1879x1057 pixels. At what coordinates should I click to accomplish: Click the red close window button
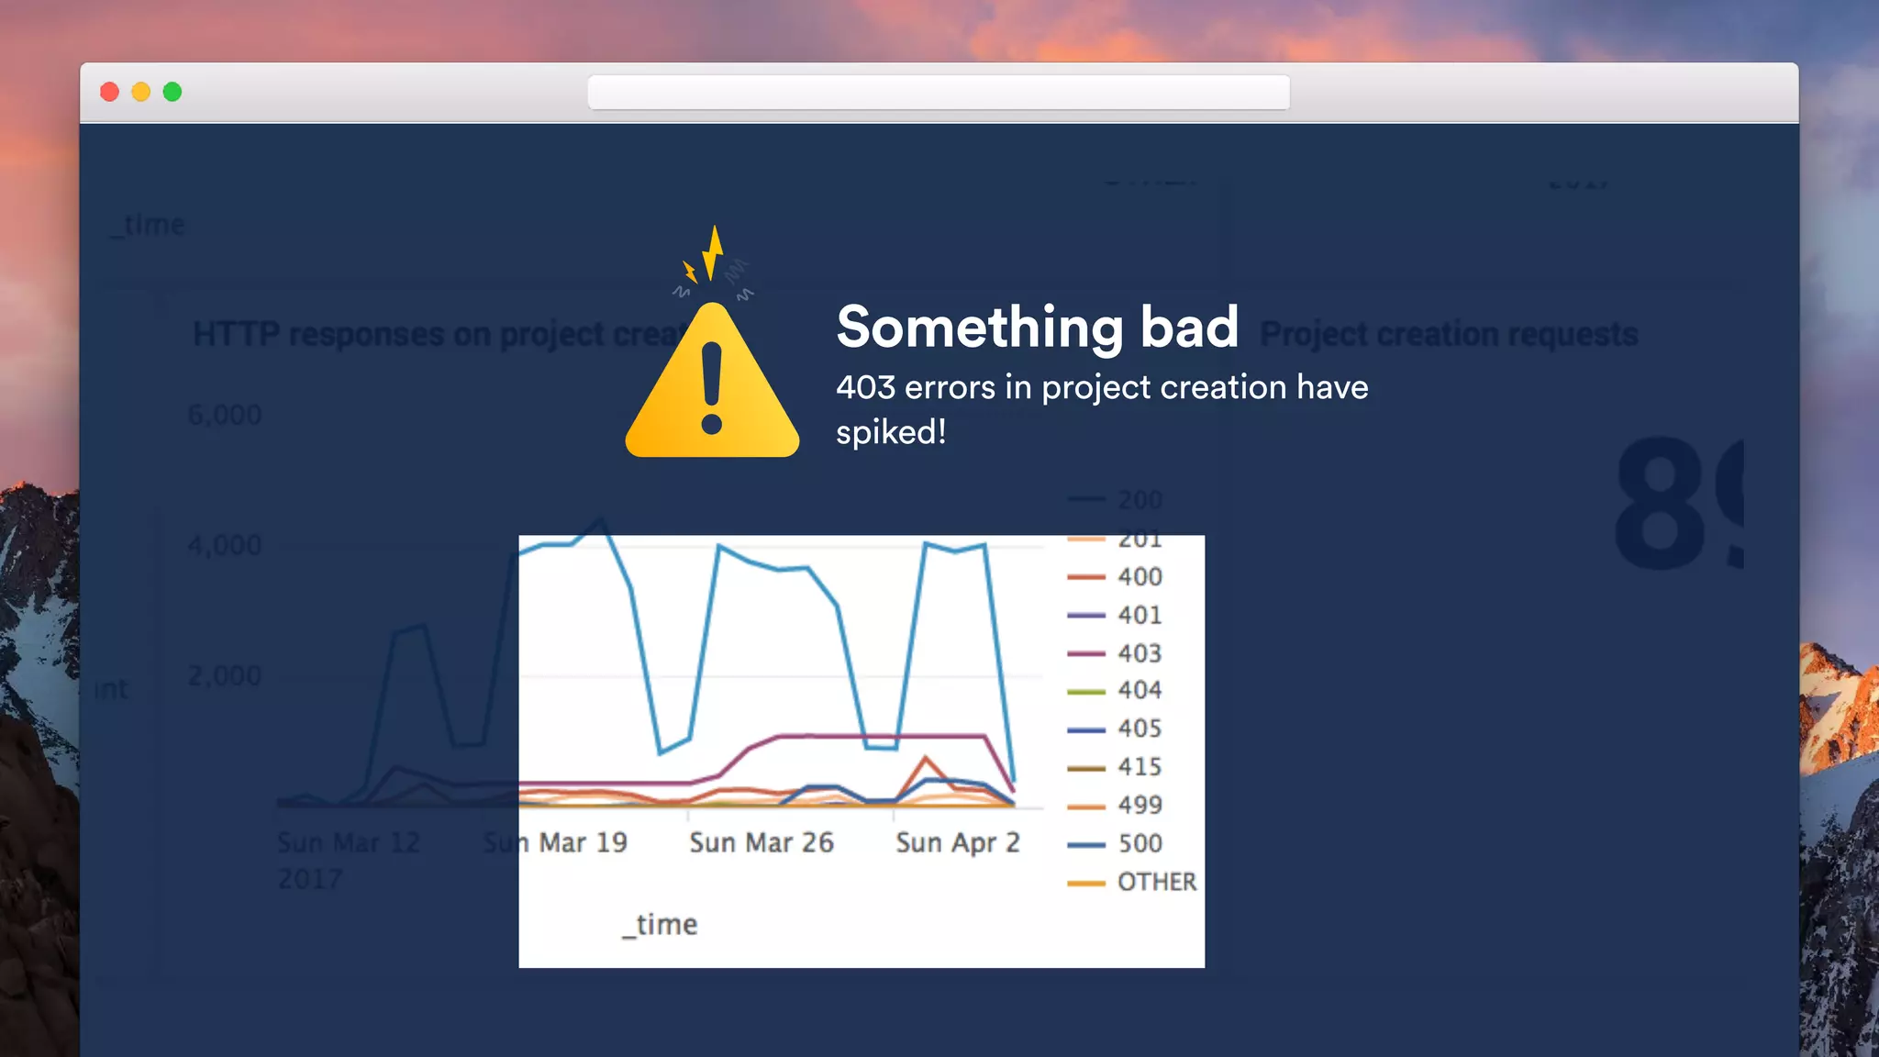(x=110, y=92)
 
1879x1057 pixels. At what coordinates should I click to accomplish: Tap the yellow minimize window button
(x=141, y=92)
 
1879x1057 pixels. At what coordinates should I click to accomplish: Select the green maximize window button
(x=172, y=92)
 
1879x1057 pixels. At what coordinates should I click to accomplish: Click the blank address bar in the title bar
(x=939, y=93)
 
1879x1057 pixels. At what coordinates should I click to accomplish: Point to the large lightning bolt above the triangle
(x=714, y=252)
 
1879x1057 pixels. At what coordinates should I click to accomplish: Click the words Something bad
(x=1037, y=328)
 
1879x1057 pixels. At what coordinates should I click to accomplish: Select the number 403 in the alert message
(x=865, y=388)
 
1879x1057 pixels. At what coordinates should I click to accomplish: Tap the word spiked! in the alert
(x=890, y=432)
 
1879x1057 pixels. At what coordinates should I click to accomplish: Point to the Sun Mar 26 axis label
(x=762, y=843)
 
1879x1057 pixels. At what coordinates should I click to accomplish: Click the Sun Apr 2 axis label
(x=958, y=843)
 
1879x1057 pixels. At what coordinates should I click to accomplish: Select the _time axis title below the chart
(x=661, y=925)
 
